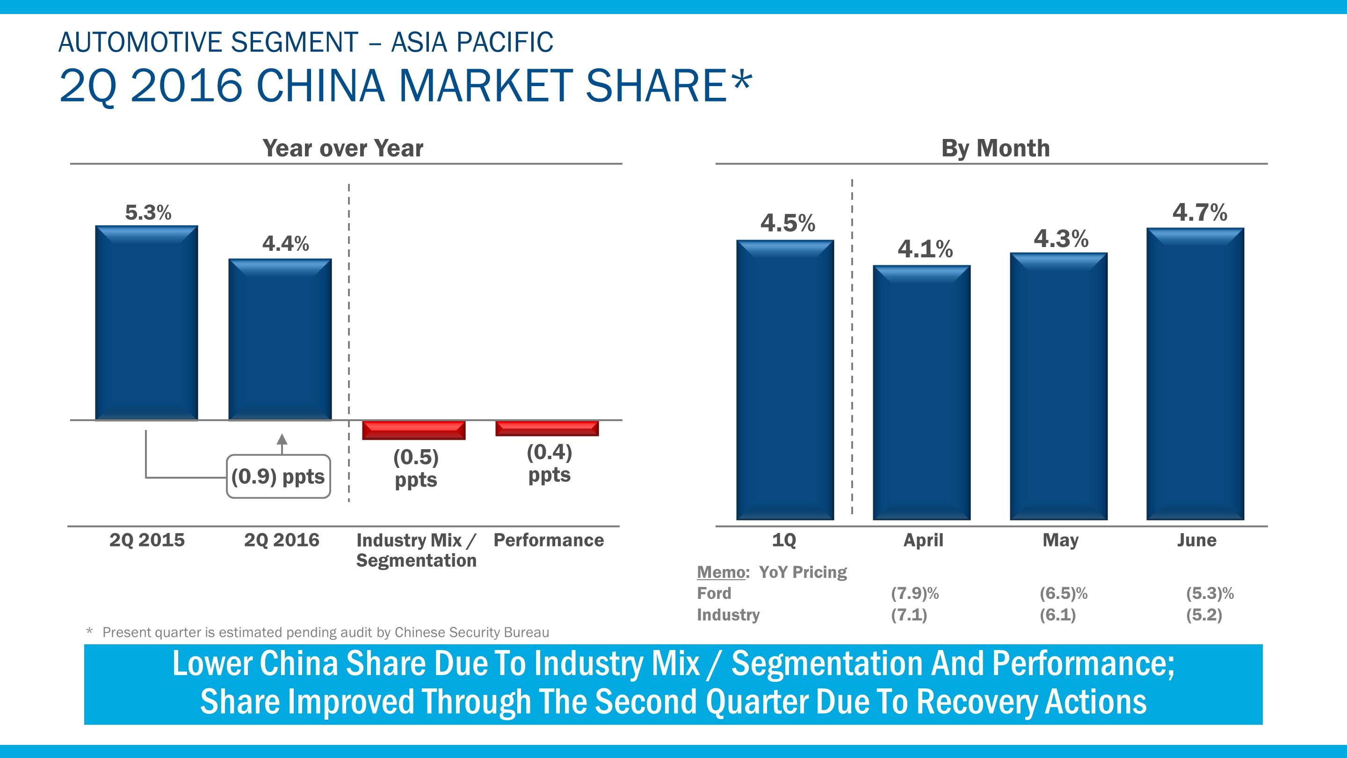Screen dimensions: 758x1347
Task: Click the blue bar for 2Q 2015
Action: tap(146, 322)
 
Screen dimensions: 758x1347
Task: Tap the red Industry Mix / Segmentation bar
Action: tap(413, 430)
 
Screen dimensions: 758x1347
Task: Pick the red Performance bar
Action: tap(547, 429)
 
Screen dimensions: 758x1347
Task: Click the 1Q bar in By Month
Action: tap(785, 380)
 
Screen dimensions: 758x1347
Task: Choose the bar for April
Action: tap(921, 393)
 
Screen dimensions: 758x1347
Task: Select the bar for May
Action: tap(1058, 386)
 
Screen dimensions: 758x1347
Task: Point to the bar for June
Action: tap(1195, 373)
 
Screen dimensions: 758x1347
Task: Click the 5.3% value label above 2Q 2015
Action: tap(148, 212)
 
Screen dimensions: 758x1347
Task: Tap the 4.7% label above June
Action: tap(1200, 212)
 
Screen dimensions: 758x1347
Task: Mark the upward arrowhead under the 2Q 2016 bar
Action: tap(282, 439)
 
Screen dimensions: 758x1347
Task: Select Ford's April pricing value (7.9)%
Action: tap(914, 593)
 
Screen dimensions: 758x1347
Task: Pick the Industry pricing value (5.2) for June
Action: tap(1204, 615)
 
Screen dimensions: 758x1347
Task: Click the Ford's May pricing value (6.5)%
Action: tap(1063, 593)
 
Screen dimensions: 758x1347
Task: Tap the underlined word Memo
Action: tap(721, 572)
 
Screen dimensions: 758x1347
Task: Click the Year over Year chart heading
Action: tap(342, 148)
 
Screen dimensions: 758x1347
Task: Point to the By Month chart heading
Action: tap(995, 148)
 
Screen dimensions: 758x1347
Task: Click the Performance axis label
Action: tap(549, 540)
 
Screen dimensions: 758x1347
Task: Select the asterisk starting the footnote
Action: tap(89, 631)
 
